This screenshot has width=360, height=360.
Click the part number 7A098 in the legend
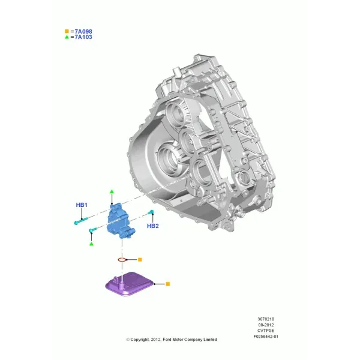83,31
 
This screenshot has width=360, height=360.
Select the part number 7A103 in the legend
83,37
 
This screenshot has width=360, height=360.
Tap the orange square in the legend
67,31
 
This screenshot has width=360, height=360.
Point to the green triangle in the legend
67,37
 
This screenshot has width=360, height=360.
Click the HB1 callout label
82,205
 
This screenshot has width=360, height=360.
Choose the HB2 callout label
153,226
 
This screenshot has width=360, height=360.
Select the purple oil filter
130,284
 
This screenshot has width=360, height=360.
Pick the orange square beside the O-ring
140,260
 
